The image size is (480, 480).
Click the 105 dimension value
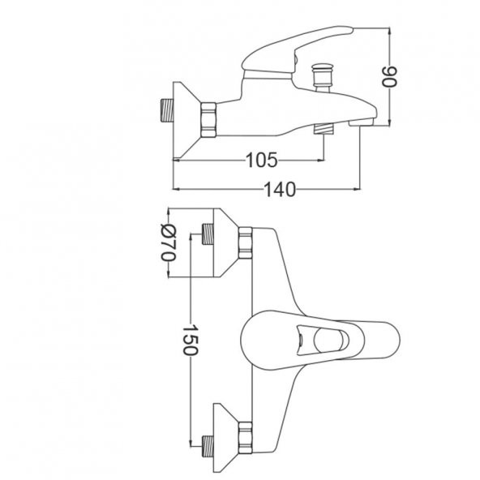click(261, 160)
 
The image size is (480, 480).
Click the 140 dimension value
click(280, 190)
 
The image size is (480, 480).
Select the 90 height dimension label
click(389, 76)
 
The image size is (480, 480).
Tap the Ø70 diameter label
click(169, 242)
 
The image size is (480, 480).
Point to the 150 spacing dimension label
click(191, 340)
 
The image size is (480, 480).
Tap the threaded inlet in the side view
click(166, 110)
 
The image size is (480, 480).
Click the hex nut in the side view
click(208, 119)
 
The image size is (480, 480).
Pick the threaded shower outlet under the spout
click(324, 128)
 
